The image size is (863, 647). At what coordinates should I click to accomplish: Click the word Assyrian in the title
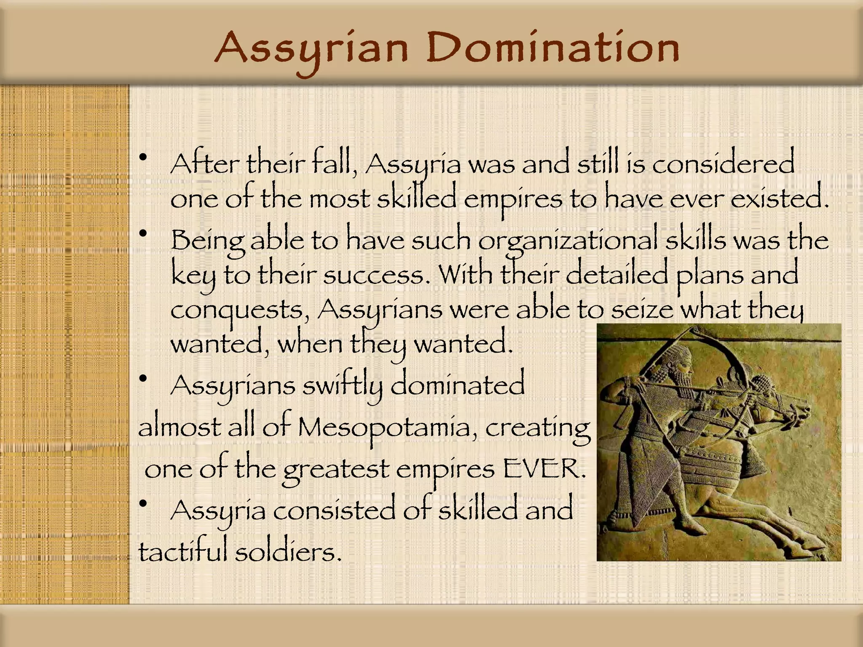[x=311, y=50]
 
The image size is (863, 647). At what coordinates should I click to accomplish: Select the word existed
[x=779, y=199]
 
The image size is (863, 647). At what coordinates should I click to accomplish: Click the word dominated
[x=458, y=385]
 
